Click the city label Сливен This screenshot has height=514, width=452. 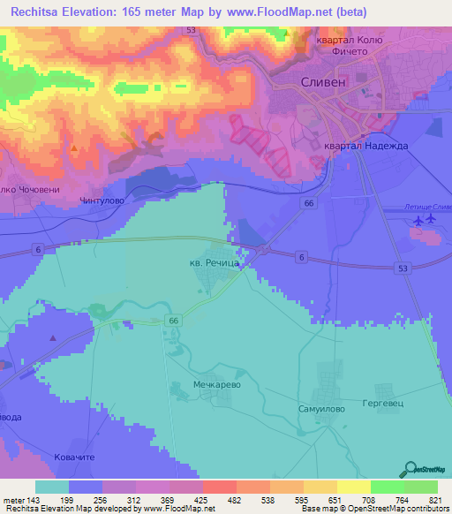322,81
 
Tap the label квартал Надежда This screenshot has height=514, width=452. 365,147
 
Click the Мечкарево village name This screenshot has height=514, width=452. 216,386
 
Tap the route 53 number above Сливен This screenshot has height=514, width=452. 191,30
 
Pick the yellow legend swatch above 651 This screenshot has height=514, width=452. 320,487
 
